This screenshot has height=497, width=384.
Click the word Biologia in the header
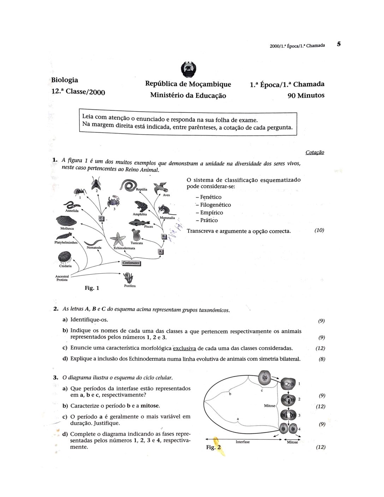coord(65,80)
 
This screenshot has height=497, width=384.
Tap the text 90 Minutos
coord(306,96)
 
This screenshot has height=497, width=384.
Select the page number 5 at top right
coord(339,44)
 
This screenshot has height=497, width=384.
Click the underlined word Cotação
coord(314,152)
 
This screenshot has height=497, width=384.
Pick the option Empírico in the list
coord(211,212)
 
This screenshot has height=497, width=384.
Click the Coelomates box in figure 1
coord(131,263)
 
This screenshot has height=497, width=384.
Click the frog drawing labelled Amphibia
coord(141,206)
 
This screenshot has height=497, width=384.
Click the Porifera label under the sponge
coord(130,286)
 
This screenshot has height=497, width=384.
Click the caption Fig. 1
coord(92,288)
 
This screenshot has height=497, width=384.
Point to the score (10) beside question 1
coord(319,230)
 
